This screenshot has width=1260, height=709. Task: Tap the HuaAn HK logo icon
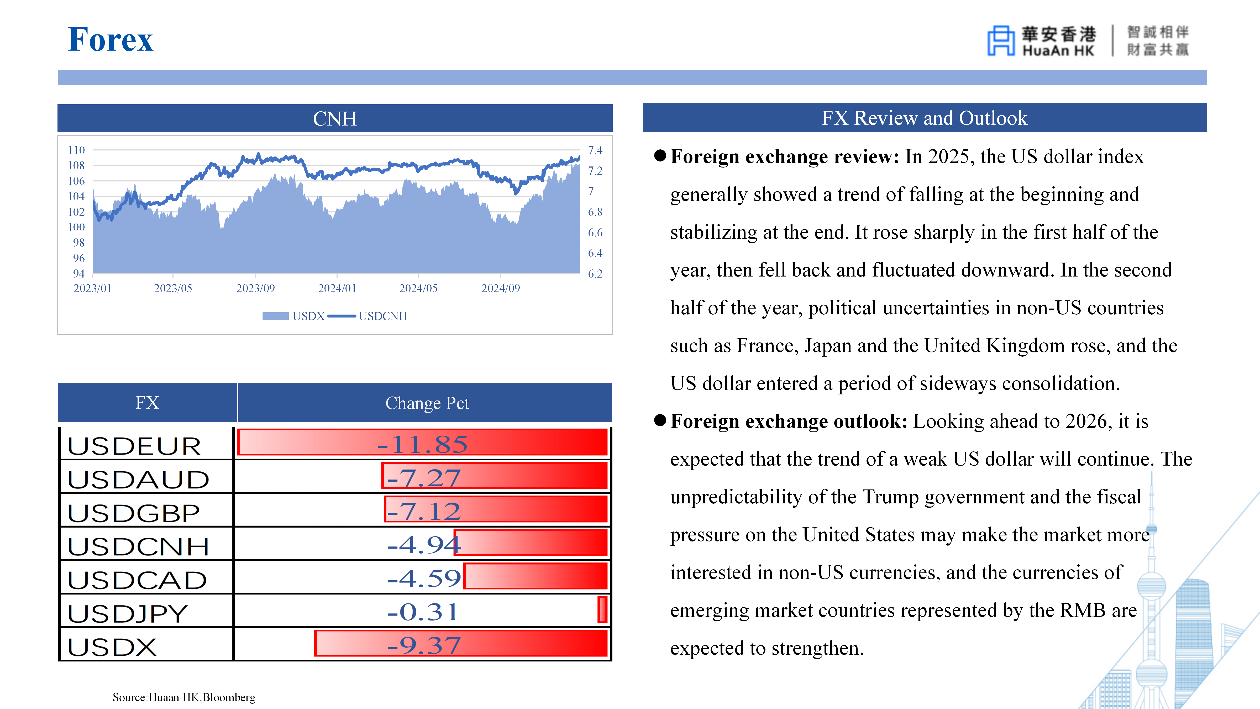pyautogui.click(x=1000, y=41)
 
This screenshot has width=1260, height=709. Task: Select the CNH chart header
pyautogui.click(x=335, y=118)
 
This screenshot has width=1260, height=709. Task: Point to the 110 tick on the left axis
pyautogui.click(x=76, y=150)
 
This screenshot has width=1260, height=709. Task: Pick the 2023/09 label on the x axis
pyautogui.click(x=255, y=288)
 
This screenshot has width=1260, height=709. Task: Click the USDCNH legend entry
pyautogui.click(x=368, y=316)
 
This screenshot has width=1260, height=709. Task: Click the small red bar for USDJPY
pyautogui.click(x=602, y=610)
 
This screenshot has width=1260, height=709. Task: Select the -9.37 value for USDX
pyautogui.click(x=424, y=645)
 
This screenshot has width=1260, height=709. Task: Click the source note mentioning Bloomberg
pyautogui.click(x=184, y=697)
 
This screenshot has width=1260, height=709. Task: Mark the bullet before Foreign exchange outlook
pyautogui.click(x=660, y=420)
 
